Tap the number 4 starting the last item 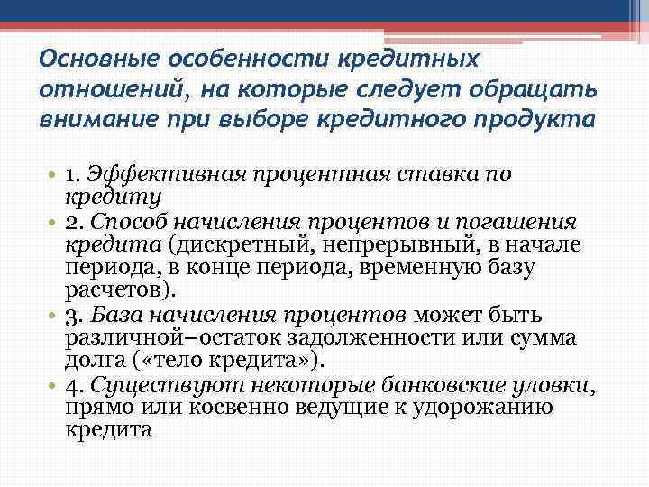71,385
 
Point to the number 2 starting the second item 71,223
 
